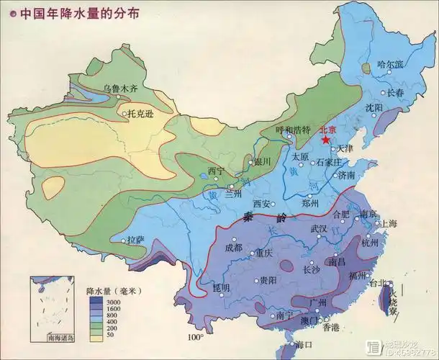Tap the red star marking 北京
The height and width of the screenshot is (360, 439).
pos(327,140)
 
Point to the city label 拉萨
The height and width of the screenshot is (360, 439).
pos(136,240)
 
